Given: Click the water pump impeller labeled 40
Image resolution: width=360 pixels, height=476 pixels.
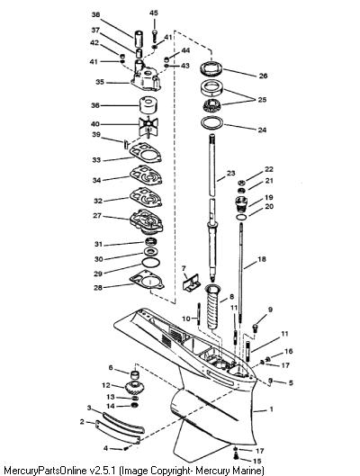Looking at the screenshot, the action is (148, 124).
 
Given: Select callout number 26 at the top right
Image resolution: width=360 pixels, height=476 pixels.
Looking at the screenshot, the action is (263, 76).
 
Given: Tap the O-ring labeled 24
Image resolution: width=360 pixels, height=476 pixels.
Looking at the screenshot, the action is (211, 122).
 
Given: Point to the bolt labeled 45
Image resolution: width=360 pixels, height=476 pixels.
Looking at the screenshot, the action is (155, 35).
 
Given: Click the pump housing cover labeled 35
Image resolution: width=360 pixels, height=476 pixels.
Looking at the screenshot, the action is (146, 76).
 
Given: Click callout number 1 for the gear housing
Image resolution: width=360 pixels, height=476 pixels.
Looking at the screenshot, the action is (272, 409).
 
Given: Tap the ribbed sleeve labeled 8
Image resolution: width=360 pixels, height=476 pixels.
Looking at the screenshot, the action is (214, 307).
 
